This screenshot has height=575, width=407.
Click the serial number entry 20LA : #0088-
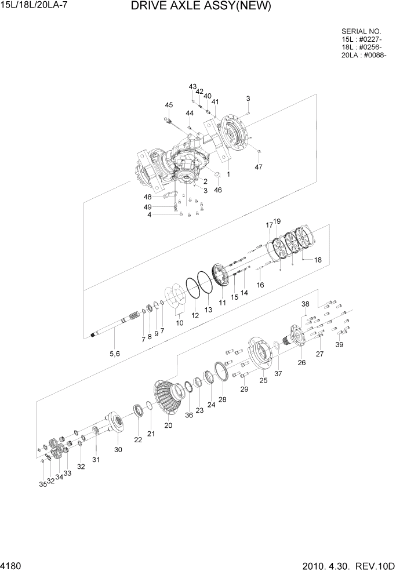[x=364, y=56]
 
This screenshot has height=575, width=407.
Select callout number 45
[x=169, y=105]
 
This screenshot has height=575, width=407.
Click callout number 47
[x=259, y=167]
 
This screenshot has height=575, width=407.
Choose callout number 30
[x=118, y=450]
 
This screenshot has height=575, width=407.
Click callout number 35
[x=42, y=485]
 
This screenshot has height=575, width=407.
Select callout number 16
[x=260, y=285]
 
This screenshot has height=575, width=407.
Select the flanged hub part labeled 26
[x=295, y=337]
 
